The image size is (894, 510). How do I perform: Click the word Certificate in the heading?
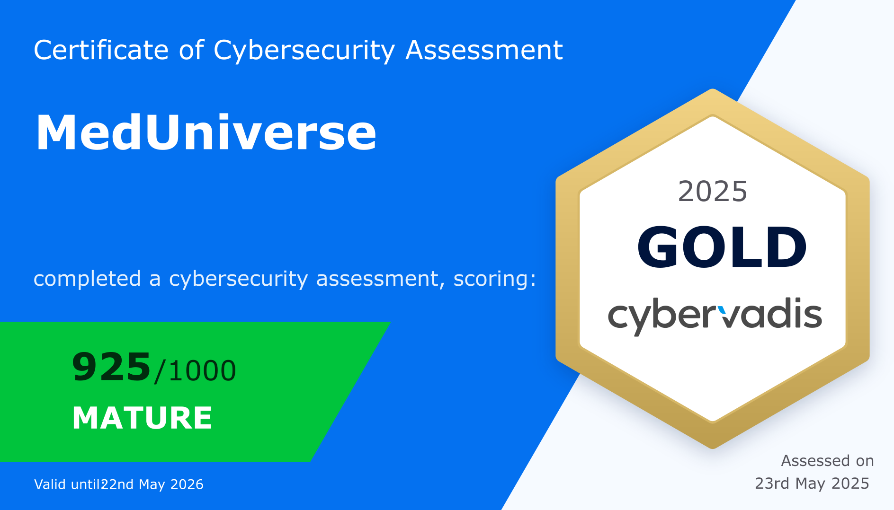click(x=101, y=50)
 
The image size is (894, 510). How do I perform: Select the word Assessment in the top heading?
click(x=484, y=50)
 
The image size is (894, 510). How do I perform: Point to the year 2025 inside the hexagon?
click(x=713, y=192)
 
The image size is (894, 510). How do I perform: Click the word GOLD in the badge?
click(x=722, y=247)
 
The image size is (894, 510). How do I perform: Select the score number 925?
click(x=111, y=367)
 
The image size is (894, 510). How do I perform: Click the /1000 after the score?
click(x=195, y=370)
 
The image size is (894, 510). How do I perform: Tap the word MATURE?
click(x=142, y=418)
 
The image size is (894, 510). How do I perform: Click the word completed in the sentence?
click(x=87, y=279)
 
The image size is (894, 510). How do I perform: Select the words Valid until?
click(x=67, y=484)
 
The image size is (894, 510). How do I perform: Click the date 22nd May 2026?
click(x=152, y=484)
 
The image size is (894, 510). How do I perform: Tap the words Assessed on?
click(x=827, y=460)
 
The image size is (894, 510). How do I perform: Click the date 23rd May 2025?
click(x=812, y=483)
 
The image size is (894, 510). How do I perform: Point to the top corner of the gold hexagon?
click(x=713, y=89)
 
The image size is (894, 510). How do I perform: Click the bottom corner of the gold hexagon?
click(x=713, y=448)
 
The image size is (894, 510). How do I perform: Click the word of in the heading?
click(x=191, y=50)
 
